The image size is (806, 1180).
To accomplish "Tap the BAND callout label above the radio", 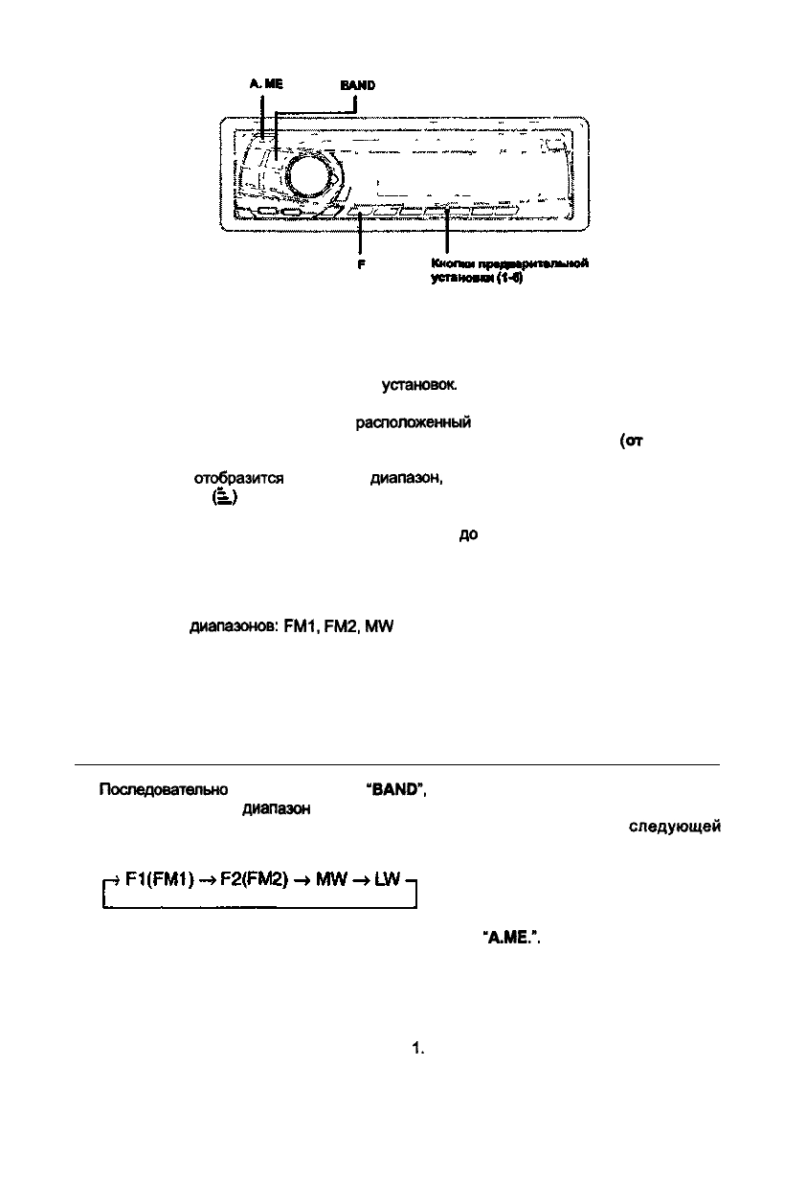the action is tap(357, 84).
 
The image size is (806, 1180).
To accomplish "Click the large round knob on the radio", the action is tap(311, 176).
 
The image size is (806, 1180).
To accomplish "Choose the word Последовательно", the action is tap(163, 791).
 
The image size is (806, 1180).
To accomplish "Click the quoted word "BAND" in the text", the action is tap(395, 791).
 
